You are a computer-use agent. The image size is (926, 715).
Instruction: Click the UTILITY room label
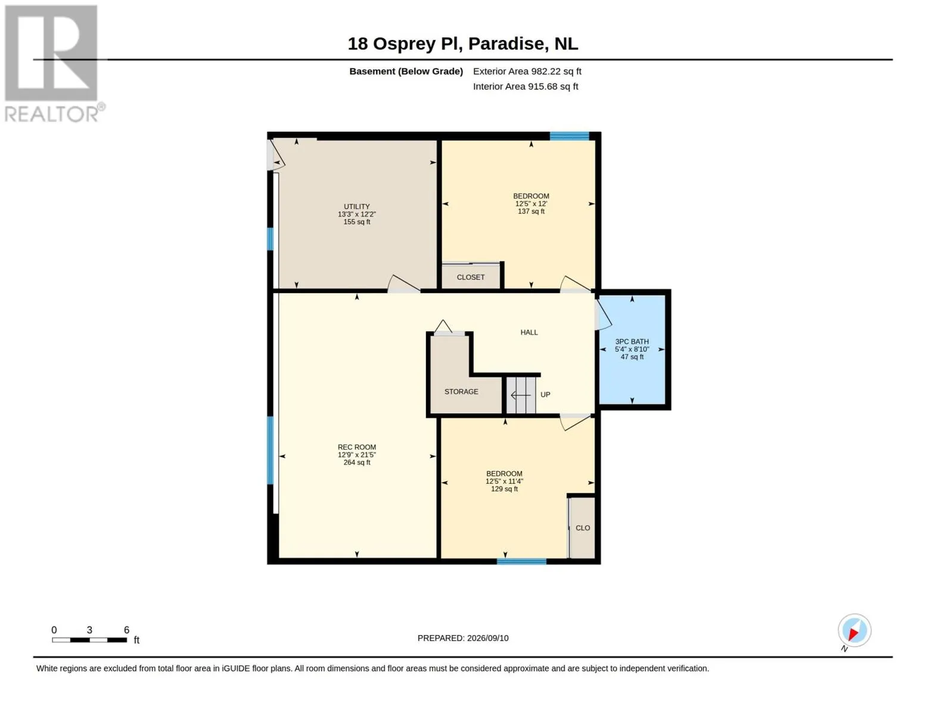tap(357, 206)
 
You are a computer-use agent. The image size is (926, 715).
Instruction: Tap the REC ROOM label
tap(357, 447)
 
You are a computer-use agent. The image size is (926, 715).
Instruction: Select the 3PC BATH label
tap(632, 341)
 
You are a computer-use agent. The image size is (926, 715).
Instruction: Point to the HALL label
tap(529, 332)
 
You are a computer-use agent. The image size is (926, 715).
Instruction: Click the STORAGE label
tap(461, 391)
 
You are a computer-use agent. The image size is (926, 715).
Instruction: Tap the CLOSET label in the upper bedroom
tap(471, 278)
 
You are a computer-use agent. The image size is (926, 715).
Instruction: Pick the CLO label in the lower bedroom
tap(583, 528)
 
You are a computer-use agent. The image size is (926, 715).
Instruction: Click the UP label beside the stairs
tap(545, 394)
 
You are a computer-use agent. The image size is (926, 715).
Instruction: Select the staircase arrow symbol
tap(521, 395)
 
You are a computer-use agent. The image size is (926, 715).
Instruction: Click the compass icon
tap(854, 631)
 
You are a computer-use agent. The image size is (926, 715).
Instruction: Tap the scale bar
tap(89, 640)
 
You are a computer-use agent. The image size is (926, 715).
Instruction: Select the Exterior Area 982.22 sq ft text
tap(527, 71)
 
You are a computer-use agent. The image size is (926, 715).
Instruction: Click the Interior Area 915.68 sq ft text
tap(526, 86)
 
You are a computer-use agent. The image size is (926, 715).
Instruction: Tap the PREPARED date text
tap(463, 638)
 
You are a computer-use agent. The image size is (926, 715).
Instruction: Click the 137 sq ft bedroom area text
tap(531, 212)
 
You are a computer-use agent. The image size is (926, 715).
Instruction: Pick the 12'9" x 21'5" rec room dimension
tap(357, 455)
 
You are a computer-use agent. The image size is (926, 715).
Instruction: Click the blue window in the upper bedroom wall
tap(569, 136)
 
